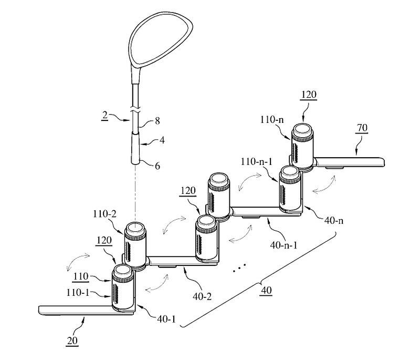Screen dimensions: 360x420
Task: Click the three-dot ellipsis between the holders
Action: coord(239,269)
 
